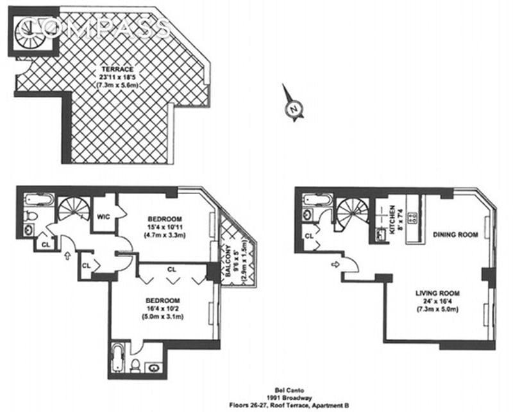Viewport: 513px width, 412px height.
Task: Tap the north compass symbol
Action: tap(292, 110)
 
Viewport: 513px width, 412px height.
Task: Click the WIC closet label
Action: tap(104, 217)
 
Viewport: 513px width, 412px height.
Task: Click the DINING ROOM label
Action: tap(456, 235)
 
